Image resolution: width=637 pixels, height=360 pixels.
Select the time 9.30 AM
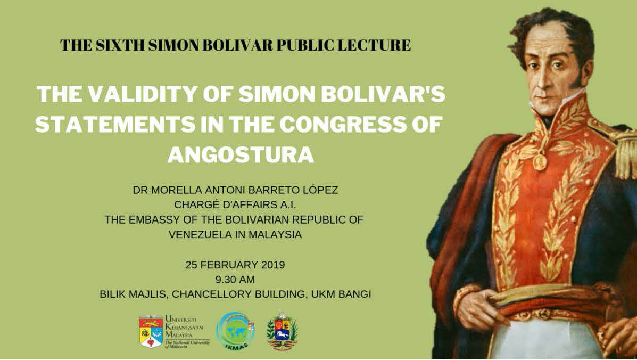(235, 279)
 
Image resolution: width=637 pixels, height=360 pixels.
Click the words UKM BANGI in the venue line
(343, 294)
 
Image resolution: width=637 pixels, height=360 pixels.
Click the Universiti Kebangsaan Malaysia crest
(151, 331)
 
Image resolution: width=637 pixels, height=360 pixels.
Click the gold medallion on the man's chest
(540, 161)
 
